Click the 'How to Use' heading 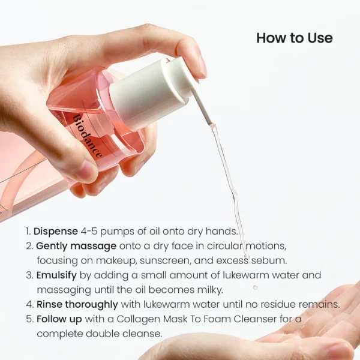tap(294, 38)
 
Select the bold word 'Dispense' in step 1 tap(56, 231)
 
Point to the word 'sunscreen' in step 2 tap(175, 260)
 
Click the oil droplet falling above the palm tap(255, 287)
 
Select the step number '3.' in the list tap(29, 275)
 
